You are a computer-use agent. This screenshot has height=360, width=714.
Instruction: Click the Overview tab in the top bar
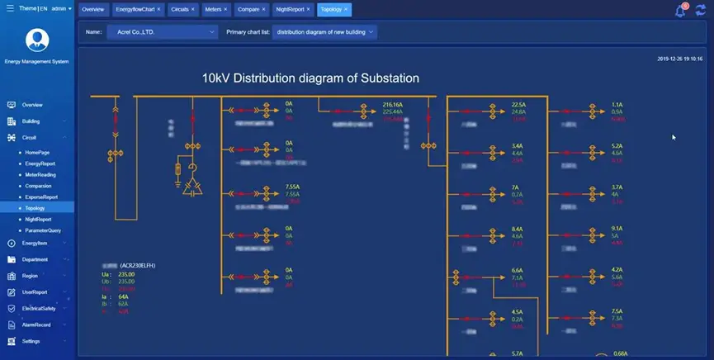pyautogui.click(x=93, y=10)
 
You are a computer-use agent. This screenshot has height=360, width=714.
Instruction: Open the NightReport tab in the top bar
pyautogui.click(x=290, y=10)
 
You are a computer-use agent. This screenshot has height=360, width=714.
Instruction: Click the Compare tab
pyautogui.click(x=248, y=10)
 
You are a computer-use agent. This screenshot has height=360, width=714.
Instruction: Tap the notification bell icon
pyautogui.click(x=680, y=11)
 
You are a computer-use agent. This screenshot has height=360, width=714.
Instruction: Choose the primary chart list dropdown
pyautogui.click(x=325, y=32)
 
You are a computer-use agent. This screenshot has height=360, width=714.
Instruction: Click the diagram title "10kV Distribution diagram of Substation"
pyautogui.click(x=311, y=78)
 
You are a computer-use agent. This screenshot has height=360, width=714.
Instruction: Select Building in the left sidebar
pyautogui.click(x=31, y=121)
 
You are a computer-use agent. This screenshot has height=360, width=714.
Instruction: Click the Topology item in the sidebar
pyautogui.click(x=35, y=208)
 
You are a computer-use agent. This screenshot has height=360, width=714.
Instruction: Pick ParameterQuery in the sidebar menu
pyautogui.click(x=43, y=230)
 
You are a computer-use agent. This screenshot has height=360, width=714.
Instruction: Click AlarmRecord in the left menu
pyautogui.click(x=36, y=324)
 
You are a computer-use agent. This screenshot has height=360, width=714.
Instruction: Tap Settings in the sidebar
pyautogui.click(x=31, y=340)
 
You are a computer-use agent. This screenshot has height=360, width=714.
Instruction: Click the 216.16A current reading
pyautogui.click(x=392, y=105)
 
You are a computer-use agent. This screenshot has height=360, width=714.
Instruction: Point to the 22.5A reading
pyautogui.click(x=518, y=105)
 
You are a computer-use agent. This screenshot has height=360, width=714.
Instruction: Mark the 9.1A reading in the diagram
pyautogui.click(x=617, y=228)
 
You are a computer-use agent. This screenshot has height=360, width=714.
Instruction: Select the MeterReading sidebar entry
pyautogui.click(x=40, y=174)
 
